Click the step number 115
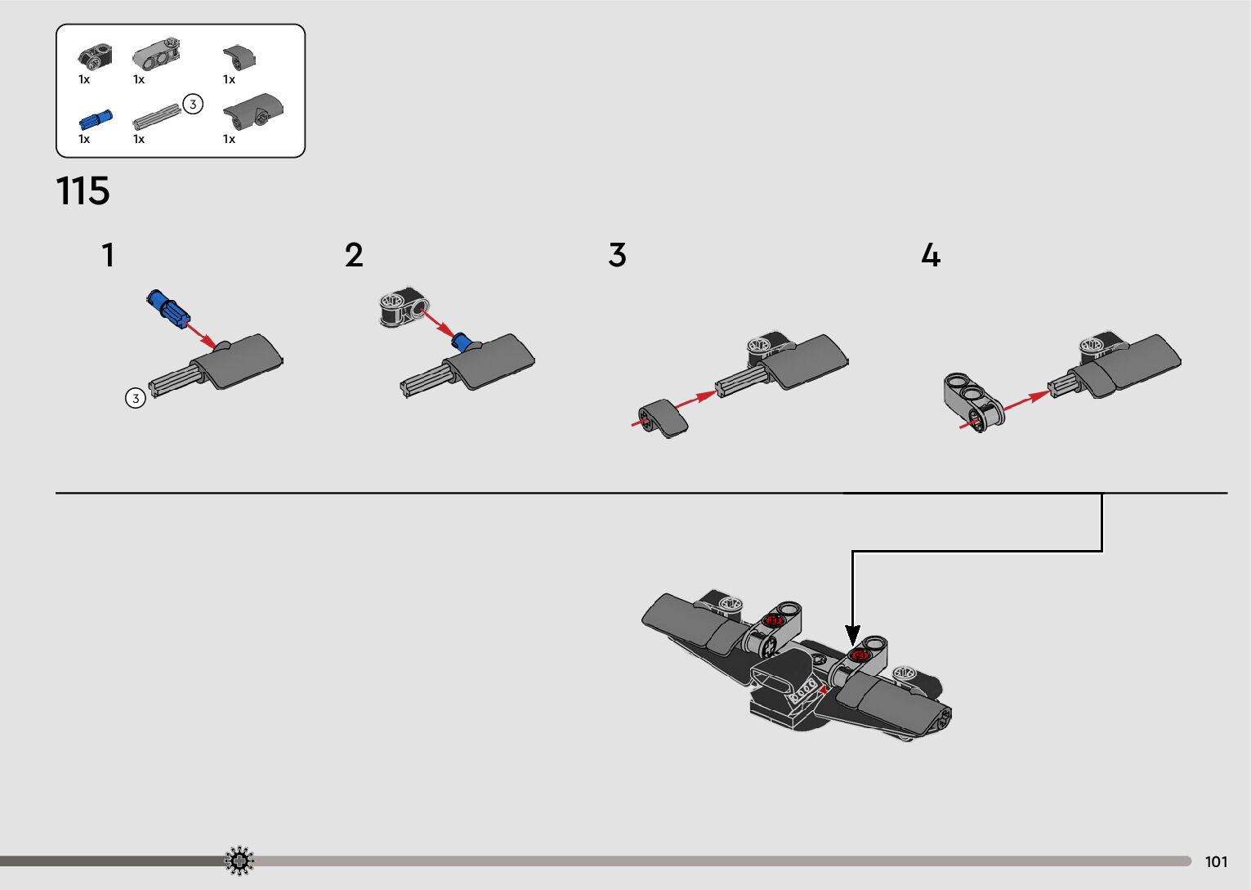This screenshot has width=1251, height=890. point(83,191)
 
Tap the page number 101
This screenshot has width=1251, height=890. point(1216,861)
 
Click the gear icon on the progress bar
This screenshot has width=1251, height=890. point(239,861)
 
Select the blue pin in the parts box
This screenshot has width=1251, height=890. point(96,120)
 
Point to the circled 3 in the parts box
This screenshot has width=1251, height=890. point(193,104)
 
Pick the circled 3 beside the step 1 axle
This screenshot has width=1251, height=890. point(135,398)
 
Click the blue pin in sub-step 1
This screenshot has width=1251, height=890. point(168,309)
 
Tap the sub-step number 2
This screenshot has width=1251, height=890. point(354,255)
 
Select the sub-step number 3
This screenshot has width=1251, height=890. point(617,255)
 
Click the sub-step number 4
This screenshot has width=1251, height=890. point(931,255)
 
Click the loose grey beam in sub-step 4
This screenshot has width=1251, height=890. point(973,402)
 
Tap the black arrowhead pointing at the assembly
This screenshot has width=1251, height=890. point(852,636)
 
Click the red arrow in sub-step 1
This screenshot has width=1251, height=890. point(199,334)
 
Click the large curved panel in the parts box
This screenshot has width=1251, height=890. point(253,111)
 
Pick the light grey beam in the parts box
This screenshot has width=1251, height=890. point(156,54)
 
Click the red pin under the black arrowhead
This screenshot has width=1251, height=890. point(858,655)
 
